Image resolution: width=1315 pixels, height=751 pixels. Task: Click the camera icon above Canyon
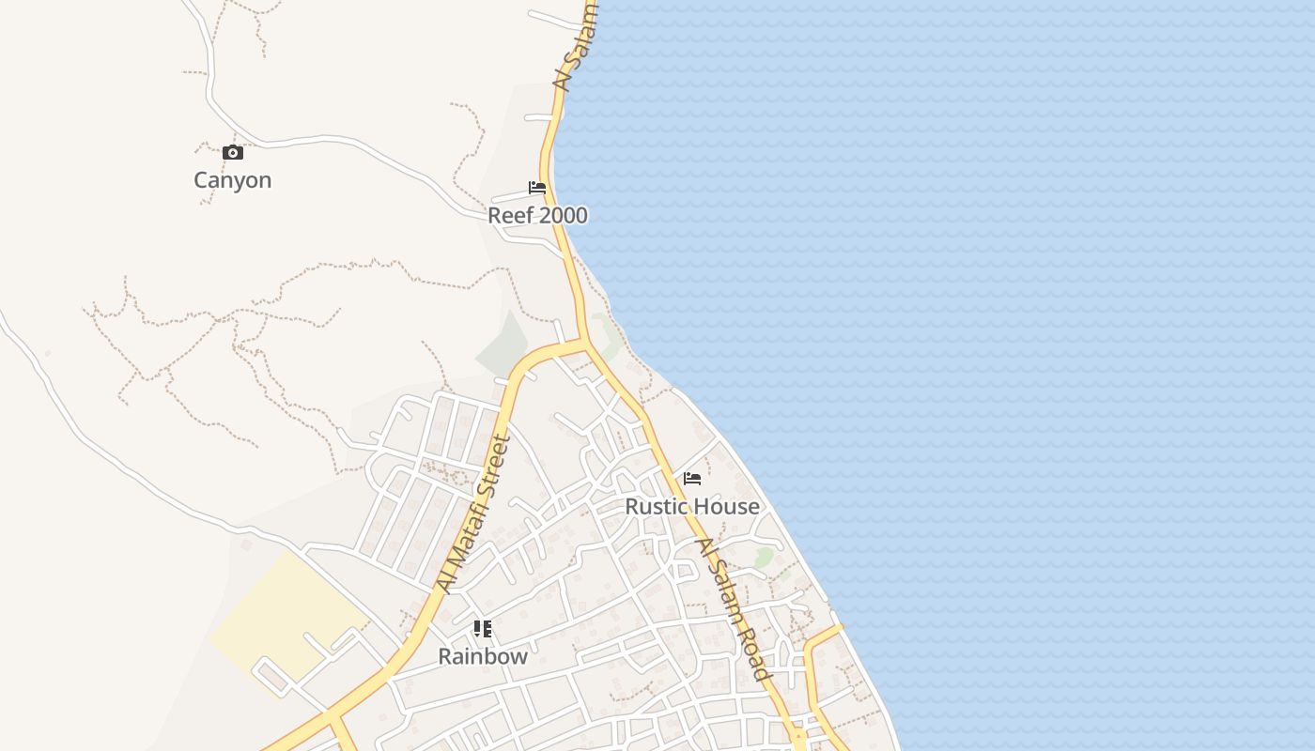coord(232,152)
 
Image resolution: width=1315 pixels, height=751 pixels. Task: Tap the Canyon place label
coord(232,180)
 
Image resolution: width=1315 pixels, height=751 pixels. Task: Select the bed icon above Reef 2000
coord(537,188)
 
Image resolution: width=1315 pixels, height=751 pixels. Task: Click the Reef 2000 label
coord(537,216)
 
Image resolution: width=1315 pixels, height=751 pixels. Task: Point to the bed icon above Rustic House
coord(692,479)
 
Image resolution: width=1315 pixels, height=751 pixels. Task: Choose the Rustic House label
coord(692,507)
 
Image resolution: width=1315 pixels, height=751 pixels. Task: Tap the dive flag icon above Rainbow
coord(483,629)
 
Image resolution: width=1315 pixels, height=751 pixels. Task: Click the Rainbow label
coord(483,657)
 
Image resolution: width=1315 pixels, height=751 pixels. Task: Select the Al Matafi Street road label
coord(473,514)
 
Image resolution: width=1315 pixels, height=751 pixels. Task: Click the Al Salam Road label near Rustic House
coord(733,608)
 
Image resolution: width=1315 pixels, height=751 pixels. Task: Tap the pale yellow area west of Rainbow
coord(282,615)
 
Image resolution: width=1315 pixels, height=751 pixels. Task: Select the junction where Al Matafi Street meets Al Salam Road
coord(584,344)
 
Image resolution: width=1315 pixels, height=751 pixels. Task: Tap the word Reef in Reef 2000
coord(505,216)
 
